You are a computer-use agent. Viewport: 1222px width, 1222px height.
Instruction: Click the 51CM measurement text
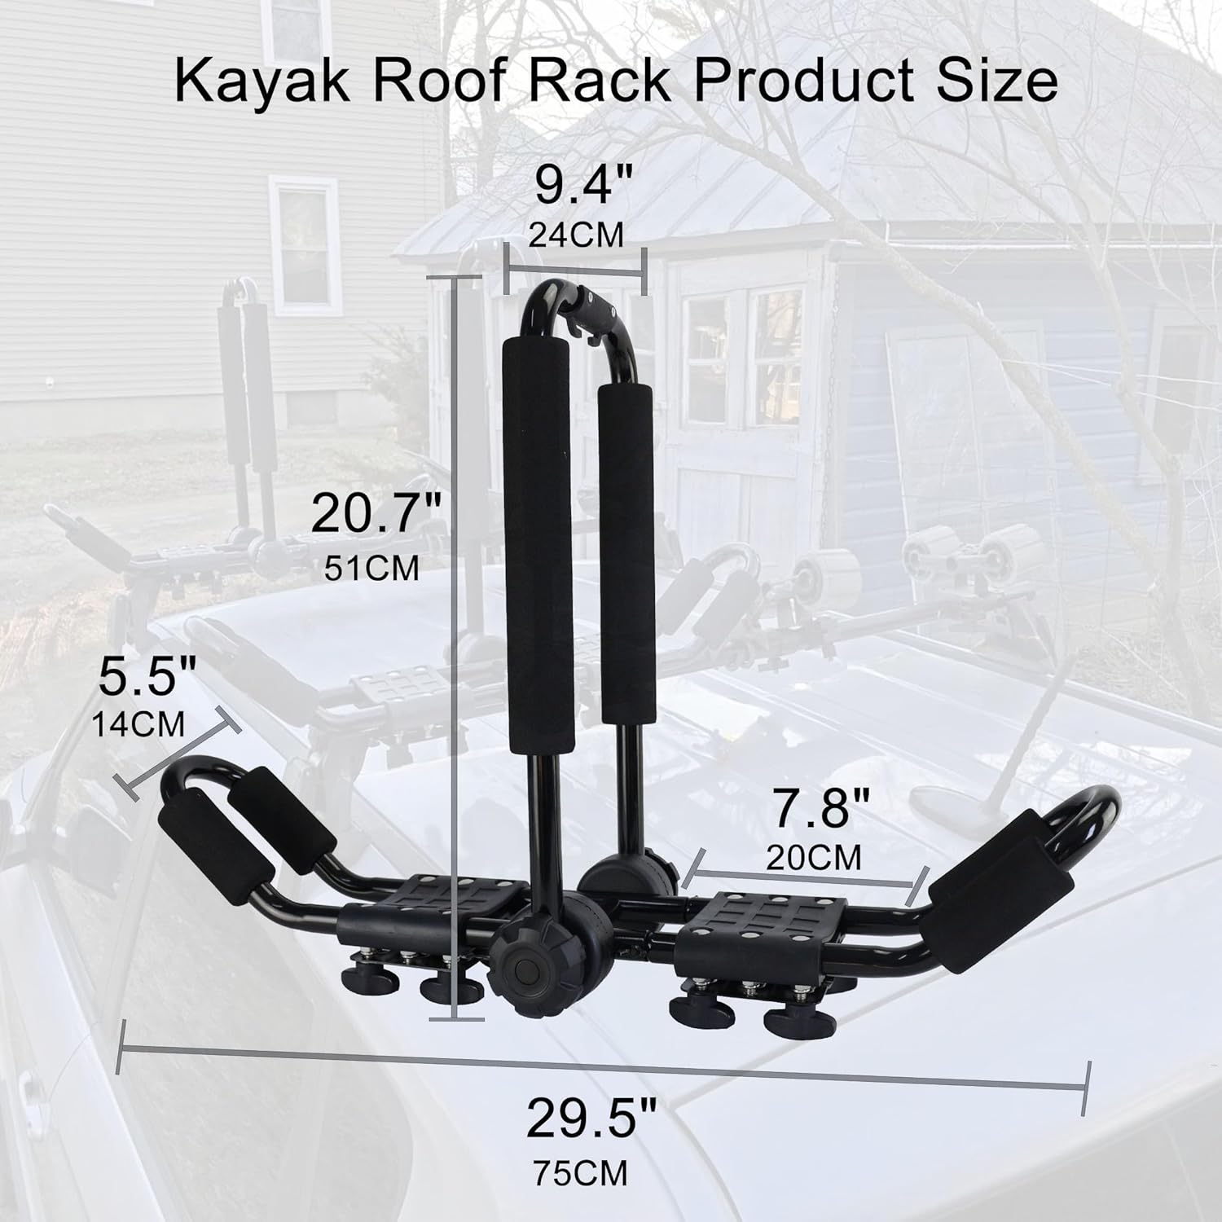click(x=371, y=568)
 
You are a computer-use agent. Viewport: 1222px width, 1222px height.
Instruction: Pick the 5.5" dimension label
click(x=147, y=677)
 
